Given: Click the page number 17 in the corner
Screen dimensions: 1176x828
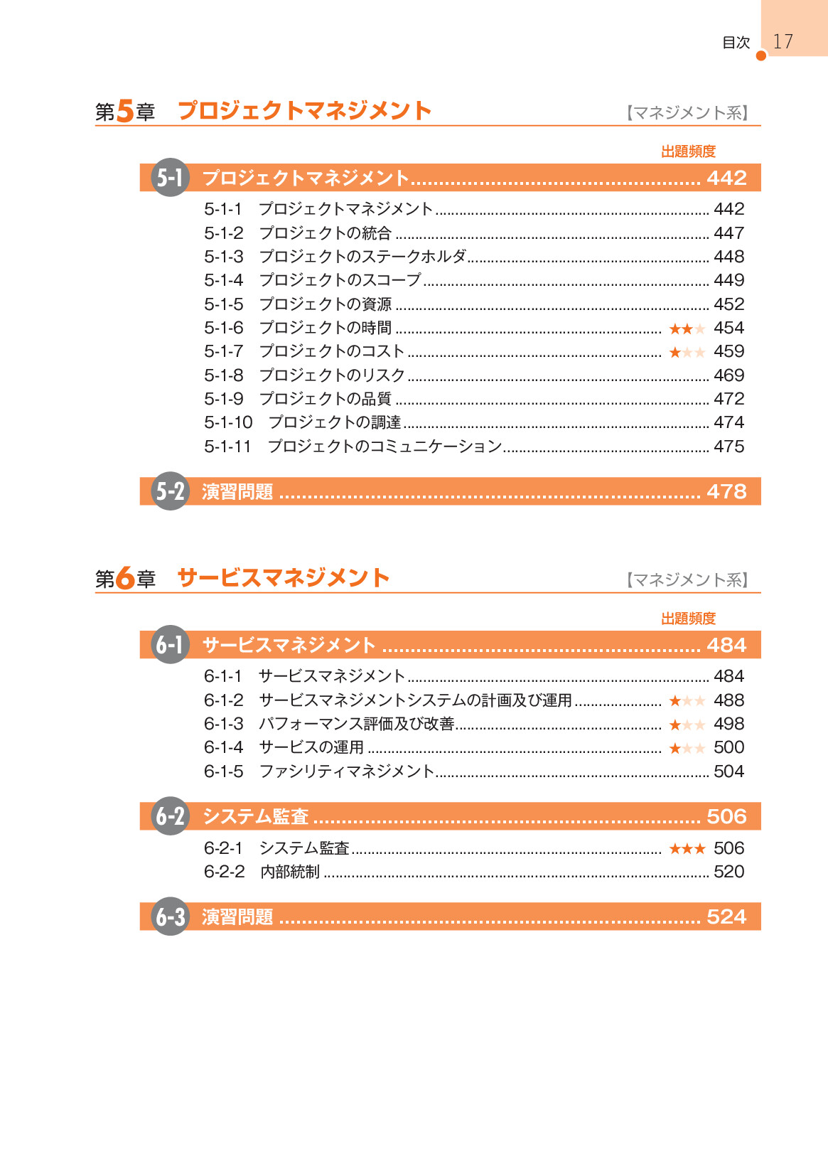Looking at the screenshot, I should pos(783,41).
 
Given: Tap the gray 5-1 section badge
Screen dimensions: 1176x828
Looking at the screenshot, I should pos(170,177).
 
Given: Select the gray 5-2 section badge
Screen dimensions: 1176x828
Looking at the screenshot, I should pos(170,491).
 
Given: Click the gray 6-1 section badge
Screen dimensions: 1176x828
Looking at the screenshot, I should pos(170,645).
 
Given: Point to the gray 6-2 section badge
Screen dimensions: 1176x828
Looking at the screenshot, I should pos(170,816).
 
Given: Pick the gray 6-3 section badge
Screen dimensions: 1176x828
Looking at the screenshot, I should pos(170,916).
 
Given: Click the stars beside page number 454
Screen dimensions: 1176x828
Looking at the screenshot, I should pos(687,328).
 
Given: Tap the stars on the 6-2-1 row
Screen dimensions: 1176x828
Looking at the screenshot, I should pos(687,848).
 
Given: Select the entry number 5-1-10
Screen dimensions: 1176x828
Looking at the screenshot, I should pos(228,422).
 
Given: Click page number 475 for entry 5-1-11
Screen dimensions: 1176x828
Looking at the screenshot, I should pos(728,447).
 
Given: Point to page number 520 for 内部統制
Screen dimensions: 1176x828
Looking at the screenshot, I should pos(728,872).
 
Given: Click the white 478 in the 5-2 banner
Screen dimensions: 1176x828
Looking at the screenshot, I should pos(726,491).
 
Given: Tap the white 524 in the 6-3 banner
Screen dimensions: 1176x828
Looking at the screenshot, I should pos(726,916).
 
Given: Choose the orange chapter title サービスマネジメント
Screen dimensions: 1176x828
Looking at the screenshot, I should pos(283,577).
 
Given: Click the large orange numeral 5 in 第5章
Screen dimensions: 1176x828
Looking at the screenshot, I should pos(125,111).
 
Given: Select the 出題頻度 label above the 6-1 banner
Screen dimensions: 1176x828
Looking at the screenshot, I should pos(688,619).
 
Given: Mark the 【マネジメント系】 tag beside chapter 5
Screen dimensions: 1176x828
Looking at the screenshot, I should pos(687,112).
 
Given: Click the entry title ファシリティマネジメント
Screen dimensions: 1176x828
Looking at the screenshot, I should pos(346,771).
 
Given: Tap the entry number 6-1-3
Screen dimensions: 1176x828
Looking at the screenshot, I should pos(223,724).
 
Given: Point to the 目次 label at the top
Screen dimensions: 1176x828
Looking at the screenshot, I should pos(736,43).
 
